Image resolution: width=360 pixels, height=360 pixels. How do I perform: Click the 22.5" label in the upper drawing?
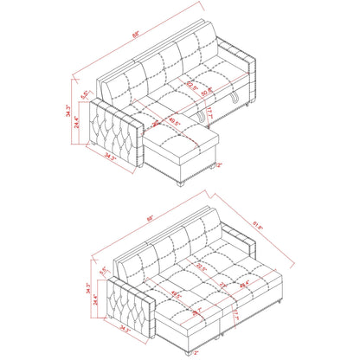(x=190, y=85)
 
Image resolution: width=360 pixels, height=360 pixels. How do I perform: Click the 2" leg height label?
(x=220, y=166)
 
